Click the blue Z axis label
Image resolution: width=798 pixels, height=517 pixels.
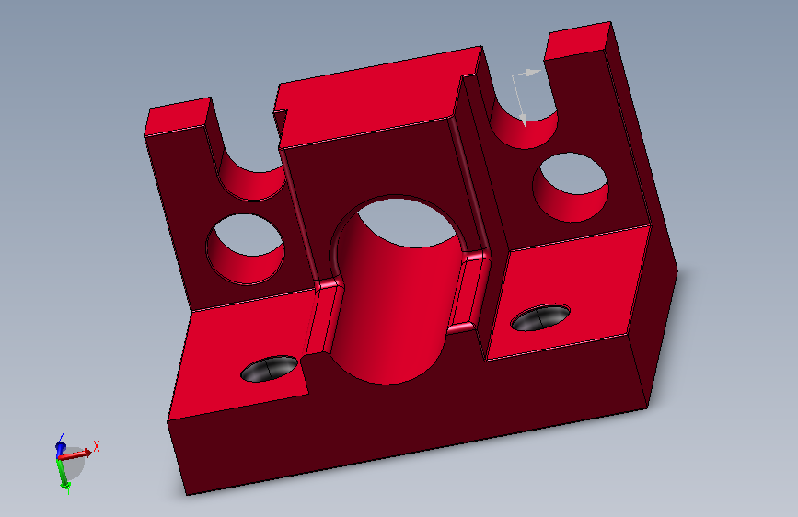pyautogui.click(x=62, y=435)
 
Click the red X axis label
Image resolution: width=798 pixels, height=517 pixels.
pyautogui.click(x=97, y=446)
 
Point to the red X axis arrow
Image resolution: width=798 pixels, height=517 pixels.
pyautogui.click(x=75, y=454)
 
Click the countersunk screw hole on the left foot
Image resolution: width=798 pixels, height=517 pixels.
pyautogui.click(x=270, y=368)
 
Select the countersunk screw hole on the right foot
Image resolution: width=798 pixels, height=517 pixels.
pyautogui.click(x=540, y=317)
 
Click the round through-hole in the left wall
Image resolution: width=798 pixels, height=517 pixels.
pyautogui.click(x=245, y=248)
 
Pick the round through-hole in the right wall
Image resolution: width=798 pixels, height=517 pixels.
pyautogui.click(x=571, y=188)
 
